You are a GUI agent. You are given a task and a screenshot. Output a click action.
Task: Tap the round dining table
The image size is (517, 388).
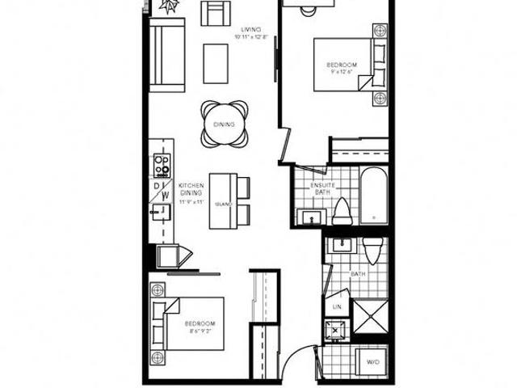coord(224,124)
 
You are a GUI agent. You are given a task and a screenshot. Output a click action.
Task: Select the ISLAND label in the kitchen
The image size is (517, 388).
coord(223,204)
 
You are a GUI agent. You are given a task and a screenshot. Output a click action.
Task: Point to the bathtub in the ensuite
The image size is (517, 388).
coord(372,196)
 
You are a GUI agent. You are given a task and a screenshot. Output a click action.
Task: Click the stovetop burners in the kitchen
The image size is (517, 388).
coord(162,166)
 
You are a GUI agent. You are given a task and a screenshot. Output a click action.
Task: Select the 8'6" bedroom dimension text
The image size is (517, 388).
coord(199,331)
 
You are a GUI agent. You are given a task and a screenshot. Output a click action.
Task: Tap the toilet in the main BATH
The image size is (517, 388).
coord(372,251)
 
